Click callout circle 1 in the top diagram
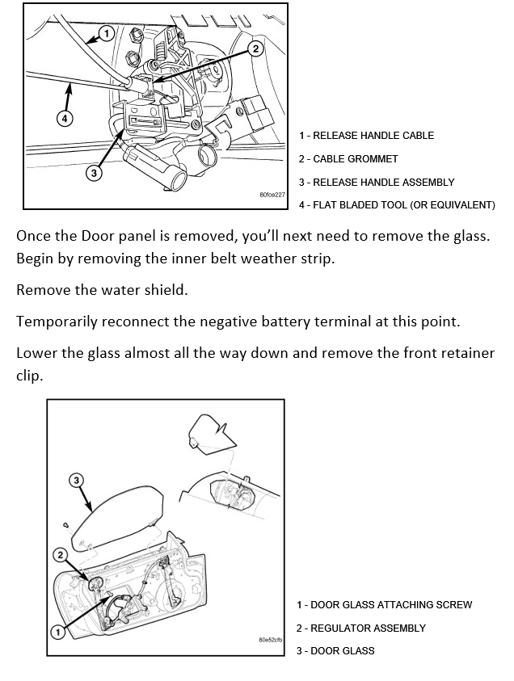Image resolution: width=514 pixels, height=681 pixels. coord(106,34)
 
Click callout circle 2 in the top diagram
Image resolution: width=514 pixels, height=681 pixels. coord(255,48)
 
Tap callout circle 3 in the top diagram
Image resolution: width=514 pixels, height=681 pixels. coord(95,173)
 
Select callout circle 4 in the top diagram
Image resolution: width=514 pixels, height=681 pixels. coord(65,118)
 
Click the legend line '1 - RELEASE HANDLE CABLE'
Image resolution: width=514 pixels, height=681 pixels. coord(366,136)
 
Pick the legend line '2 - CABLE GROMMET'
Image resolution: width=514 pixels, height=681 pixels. coord(348,159)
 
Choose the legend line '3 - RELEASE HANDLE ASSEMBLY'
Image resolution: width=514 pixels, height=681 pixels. coord(377,183)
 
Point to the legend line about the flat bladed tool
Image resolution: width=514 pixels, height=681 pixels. coord(397,205)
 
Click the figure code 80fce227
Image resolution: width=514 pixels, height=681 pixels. coord(273,195)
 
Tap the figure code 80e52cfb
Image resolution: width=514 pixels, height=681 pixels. coord(270,640)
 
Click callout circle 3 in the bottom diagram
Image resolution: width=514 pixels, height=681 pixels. coord(77,481)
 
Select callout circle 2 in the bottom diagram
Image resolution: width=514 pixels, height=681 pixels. coord(61,554)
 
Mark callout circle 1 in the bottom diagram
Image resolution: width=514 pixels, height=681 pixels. coord(57,631)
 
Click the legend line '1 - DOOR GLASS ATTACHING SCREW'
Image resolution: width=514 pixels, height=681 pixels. coord(384,605)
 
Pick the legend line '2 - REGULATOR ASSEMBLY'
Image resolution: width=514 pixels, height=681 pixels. coord(360,628)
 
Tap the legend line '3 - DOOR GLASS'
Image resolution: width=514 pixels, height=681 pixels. coord(335,651)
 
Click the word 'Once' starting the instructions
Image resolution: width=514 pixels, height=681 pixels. coord(33,238)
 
